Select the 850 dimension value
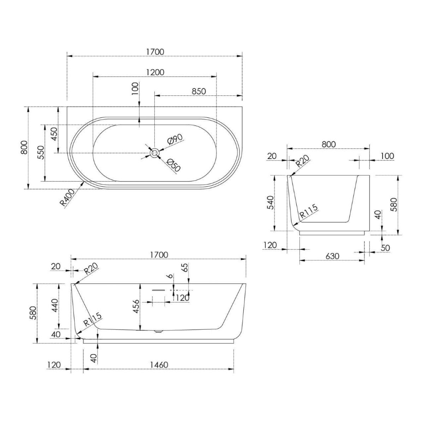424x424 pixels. point(199,91)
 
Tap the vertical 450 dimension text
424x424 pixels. point(54,134)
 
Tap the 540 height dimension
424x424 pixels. point(270,203)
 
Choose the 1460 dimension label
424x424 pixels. point(159,365)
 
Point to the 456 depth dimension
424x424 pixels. point(136,306)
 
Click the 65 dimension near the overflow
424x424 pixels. point(185,267)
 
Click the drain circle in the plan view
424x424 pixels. point(155,153)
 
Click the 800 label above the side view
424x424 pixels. point(329,144)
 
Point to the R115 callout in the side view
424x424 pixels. point(309,212)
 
